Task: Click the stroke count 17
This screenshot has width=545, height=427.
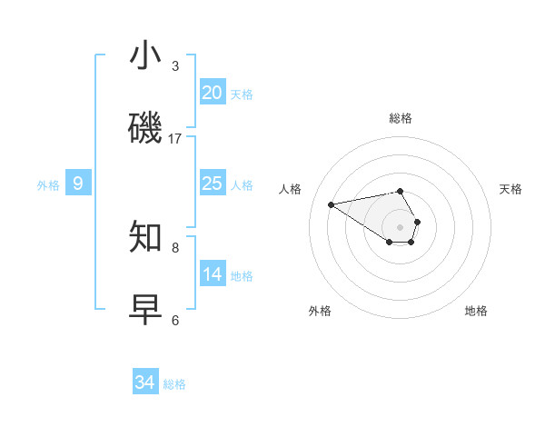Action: pyautogui.click(x=175, y=139)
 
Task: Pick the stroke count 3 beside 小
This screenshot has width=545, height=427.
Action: pyautogui.click(x=175, y=66)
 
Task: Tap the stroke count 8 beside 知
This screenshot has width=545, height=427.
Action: pyautogui.click(x=175, y=247)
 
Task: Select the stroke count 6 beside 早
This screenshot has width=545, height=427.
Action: pyautogui.click(x=175, y=320)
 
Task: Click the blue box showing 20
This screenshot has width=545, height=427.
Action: pyautogui.click(x=213, y=93)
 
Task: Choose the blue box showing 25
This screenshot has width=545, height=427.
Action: pyautogui.click(x=213, y=184)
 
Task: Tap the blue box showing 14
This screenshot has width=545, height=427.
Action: pyautogui.click(x=213, y=274)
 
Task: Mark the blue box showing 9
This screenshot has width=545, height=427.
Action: pyautogui.click(x=78, y=184)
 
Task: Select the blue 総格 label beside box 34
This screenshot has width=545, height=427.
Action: pyautogui.click(x=174, y=384)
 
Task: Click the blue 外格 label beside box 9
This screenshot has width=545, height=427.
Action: pyautogui.click(x=48, y=185)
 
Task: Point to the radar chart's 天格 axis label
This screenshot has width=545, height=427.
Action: pyautogui.click(x=510, y=189)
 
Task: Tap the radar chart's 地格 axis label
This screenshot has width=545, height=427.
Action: pyautogui.click(x=476, y=311)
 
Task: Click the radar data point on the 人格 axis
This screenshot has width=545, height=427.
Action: pyautogui.click(x=331, y=204)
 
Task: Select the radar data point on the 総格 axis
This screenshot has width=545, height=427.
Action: pyautogui.click(x=400, y=191)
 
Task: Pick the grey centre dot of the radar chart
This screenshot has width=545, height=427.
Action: pyautogui.click(x=400, y=226)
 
